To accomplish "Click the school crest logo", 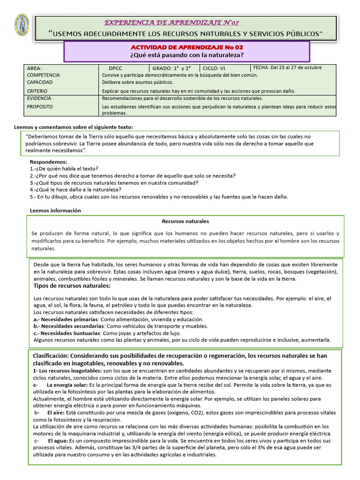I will pyautogui.click(x=22, y=25).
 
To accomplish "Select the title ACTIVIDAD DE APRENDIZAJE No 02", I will pyautogui.click(x=186, y=47).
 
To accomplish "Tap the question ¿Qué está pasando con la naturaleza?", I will pyautogui.click(x=186, y=55).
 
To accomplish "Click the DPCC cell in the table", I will pyautogui.click(x=115, y=68).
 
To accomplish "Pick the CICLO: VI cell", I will pyautogui.click(x=214, y=68).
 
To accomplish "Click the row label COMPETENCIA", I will pyautogui.click(x=43, y=75).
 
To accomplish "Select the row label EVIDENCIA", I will pyautogui.click(x=39, y=98).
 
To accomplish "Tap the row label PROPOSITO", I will pyautogui.click(x=40, y=106).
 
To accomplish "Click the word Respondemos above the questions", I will pyautogui.click(x=49, y=162).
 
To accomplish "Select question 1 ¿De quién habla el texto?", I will pyautogui.click(x=64, y=169).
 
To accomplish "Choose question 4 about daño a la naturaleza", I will pyautogui.click(x=75, y=189).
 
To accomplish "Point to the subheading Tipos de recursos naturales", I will pyautogui.click(x=72, y=285).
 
